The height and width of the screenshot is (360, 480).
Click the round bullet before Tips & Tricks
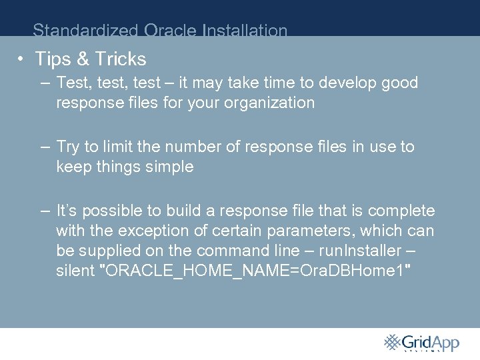pos(22,59)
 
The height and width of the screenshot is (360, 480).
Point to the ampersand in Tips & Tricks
pos(83,59)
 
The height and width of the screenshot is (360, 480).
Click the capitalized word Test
pos(74,83)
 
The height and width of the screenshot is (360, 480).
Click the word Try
pos(69,147)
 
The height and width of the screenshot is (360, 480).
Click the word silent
pos(75,271)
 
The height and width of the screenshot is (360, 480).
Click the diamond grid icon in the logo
pos(391,341)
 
